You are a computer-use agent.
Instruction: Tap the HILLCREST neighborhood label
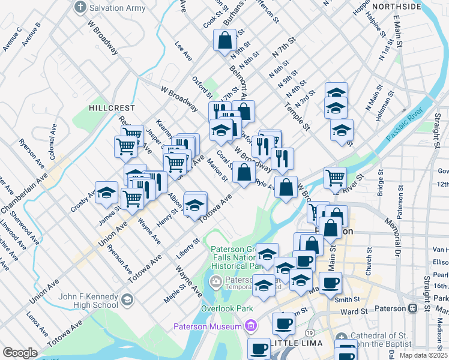(x=112, y=107)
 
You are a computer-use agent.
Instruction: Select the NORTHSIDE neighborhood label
(x=396, y=7)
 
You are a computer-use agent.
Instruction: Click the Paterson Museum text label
(x=208, y=326)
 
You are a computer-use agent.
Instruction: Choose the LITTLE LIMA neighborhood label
(x=297, y=343)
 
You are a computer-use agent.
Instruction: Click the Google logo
(x=20, y=353)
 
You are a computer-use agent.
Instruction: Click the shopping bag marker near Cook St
(x=224, y=41)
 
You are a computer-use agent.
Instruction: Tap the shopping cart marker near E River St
(x=335, y=178)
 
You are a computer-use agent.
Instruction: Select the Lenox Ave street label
(x=37, y=324)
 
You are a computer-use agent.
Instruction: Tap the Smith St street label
(x=347, y=299)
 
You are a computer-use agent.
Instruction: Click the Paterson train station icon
(x=412, y=308)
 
